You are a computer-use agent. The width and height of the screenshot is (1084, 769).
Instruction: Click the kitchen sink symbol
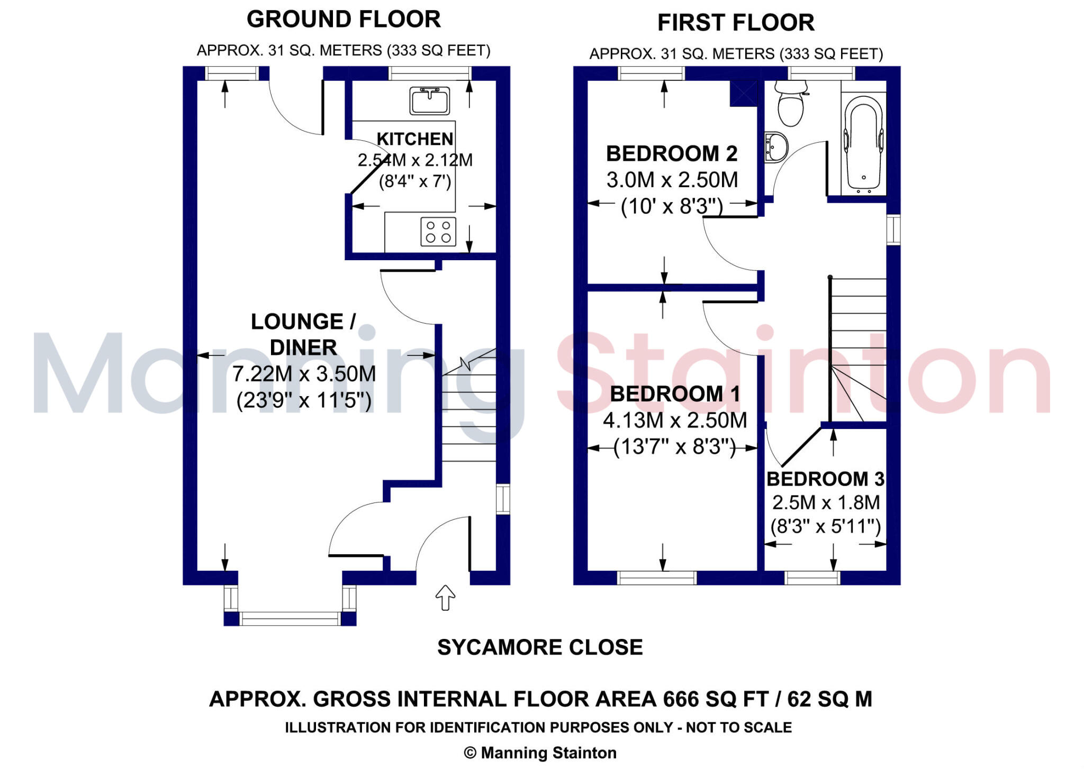click(429, 100)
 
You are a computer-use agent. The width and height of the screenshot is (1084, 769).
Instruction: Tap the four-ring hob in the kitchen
click(438, 232)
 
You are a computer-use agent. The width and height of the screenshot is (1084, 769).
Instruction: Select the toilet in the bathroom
click(790, 105)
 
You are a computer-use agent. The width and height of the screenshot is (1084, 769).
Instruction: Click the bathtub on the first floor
click(864, 142)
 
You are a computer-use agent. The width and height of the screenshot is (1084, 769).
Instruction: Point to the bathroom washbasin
click(776, 146)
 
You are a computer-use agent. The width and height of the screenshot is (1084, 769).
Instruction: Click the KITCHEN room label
click(414, 139)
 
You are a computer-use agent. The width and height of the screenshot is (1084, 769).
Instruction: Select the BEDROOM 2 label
click(672, 154)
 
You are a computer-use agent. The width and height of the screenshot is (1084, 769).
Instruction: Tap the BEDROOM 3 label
click(825, 479)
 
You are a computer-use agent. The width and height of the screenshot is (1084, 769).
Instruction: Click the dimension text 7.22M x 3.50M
click(304, 374)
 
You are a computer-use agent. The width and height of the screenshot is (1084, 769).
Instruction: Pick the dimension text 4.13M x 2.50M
click(675, 420)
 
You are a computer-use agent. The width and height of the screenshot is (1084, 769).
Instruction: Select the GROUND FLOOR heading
click(344, 20)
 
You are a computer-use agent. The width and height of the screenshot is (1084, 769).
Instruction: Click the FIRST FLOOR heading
click(736, 23)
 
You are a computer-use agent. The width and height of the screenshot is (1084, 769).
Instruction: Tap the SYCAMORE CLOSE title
click(540, 647)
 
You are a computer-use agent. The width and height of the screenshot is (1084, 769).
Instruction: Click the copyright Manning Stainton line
click(540, 753)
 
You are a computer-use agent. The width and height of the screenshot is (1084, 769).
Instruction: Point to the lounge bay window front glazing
click(290, 618)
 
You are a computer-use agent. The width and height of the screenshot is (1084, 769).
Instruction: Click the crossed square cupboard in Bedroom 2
click(744, 93)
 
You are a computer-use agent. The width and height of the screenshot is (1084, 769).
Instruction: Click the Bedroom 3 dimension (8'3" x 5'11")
click(825, 526)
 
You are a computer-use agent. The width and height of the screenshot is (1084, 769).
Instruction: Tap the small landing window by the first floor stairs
click(893, 230)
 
